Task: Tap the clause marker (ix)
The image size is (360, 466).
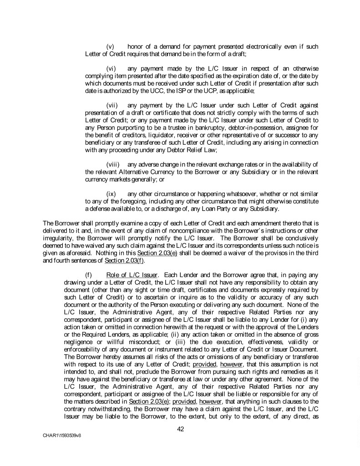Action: (110, 194)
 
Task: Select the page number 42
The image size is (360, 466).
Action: (180, 428)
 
